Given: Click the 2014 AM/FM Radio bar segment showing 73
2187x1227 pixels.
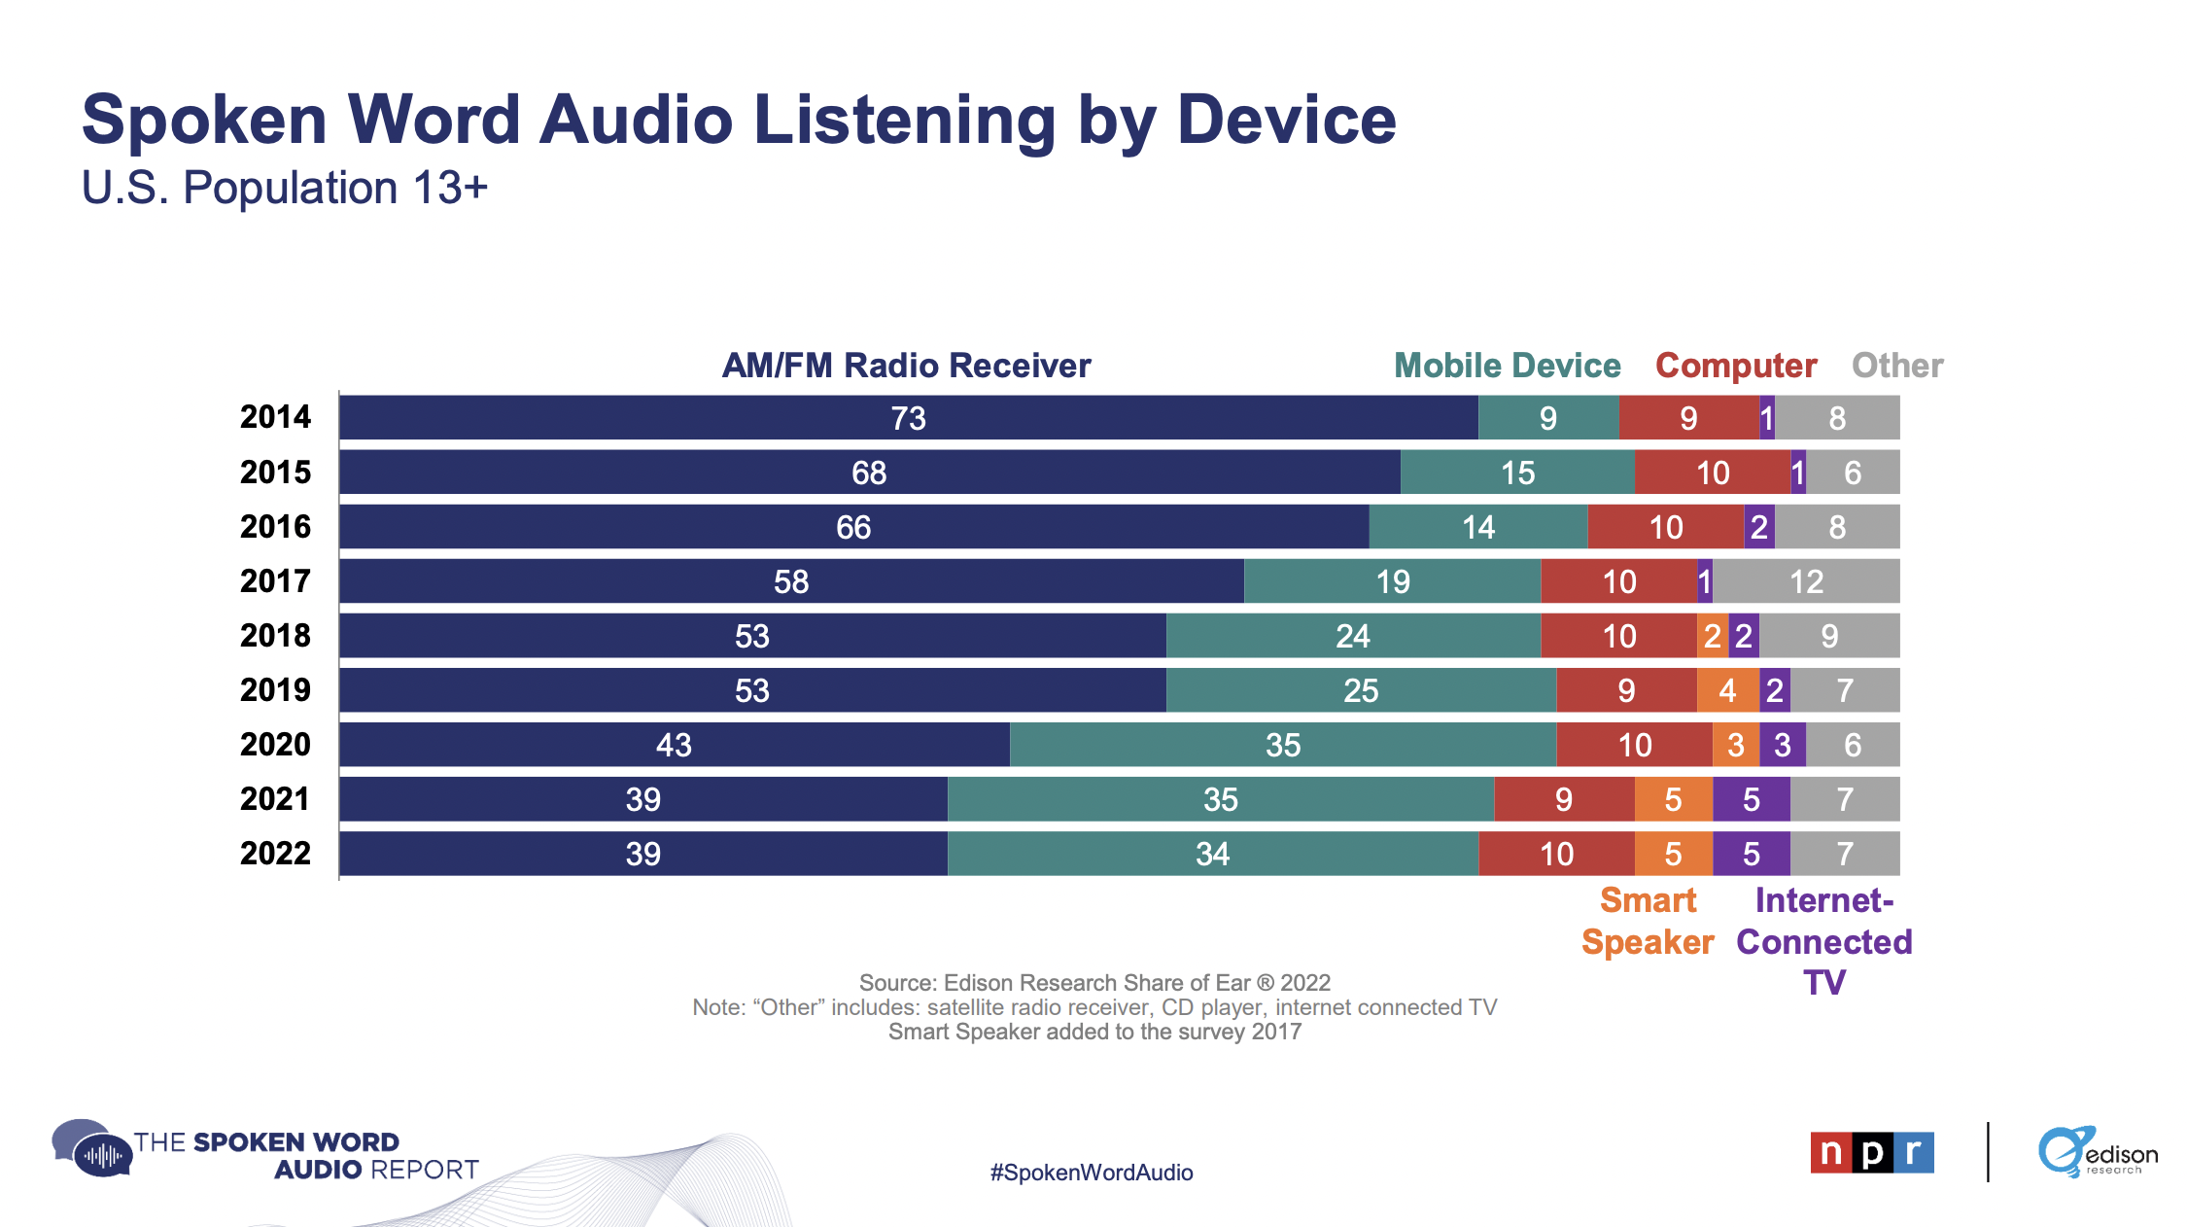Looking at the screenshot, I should click(x=908, y=418).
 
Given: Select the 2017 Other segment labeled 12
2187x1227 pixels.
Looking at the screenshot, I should click(x=1806, y=581).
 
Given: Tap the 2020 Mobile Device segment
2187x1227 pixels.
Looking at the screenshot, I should click(x=1283, y=745).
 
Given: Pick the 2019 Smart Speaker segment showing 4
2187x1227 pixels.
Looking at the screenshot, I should click(x=1727, y=690).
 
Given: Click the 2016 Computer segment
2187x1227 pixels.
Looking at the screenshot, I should click(x=1665, y=527).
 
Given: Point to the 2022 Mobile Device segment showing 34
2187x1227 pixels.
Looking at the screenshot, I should click(x=1212, y=854).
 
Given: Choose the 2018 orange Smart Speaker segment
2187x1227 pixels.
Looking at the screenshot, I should click(x=1712, y=636).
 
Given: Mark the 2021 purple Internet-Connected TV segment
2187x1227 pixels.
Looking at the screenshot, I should click(x=1751, y=799).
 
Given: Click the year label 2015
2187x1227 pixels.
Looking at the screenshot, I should click(x=275, y=473).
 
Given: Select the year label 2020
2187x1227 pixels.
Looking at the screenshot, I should click(x=275, y=745).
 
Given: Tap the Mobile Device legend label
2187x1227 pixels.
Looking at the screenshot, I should click(x=1507, y=366).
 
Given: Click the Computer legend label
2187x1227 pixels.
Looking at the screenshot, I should click(x=1736, y=366).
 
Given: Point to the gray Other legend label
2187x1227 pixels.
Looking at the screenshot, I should click(x=1896, y=366).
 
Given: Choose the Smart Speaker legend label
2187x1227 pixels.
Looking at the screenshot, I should click(x=1648, y=922).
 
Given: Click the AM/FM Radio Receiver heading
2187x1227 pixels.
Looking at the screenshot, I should click(x=906, y=366).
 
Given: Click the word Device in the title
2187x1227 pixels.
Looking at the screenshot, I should click(x=1286, y=121).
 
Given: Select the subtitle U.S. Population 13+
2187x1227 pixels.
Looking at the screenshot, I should click(x=284, y=188).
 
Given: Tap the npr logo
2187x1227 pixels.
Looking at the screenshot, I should click(x=1871, y=1152).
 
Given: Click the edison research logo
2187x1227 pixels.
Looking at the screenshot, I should click(x=2097, y=1152).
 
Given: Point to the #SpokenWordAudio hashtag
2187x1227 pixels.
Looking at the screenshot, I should click(x=1091, y=1173).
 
